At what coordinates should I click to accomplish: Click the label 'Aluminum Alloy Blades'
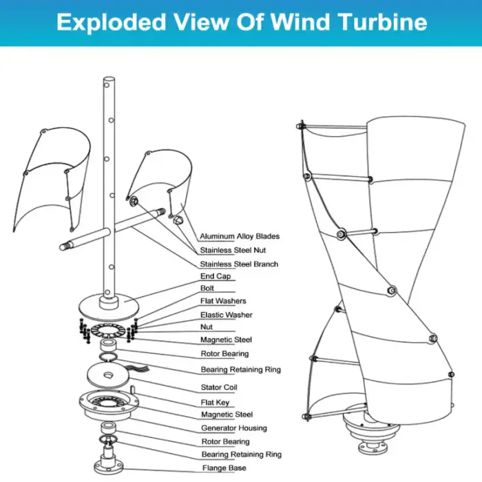[240, 236]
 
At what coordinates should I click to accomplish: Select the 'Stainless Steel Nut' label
[233, 250]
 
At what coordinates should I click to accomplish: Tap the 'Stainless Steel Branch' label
[239, 264]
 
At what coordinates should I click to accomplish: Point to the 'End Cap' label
[216, 276]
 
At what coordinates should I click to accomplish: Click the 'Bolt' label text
[207, 289]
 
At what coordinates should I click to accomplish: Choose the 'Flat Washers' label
[223, 301]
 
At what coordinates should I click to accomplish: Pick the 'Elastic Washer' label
[227, 315]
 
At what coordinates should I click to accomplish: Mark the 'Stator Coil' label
[219, 388]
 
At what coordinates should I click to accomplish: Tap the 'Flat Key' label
[215, 402]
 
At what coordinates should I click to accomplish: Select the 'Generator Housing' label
[234, 428]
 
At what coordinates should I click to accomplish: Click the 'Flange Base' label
[224, 468]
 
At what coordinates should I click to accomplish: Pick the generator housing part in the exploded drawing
[109, 406]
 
